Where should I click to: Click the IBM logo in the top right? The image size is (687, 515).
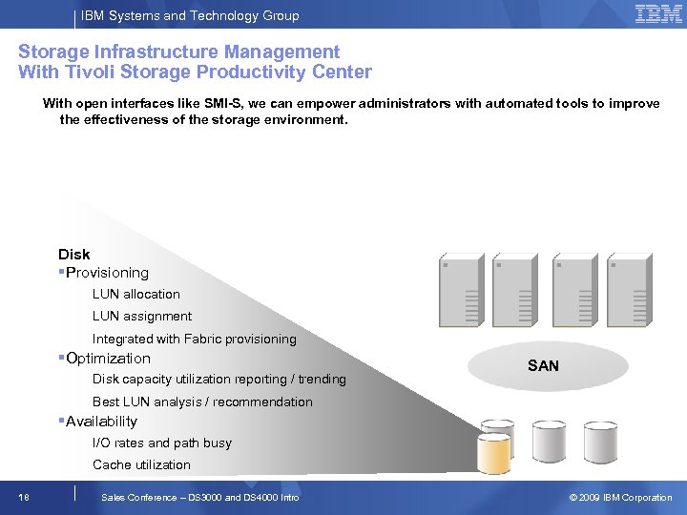click(x=658, y=14)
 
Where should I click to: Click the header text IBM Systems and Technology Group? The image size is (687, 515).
click(x=190, y=15)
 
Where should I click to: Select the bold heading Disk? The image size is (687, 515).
click(x=73, y=254)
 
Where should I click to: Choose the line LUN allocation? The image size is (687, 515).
click(x=135, y=294)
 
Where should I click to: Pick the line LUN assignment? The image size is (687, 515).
click(x=141, y=316)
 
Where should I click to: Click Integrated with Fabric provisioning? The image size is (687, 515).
click(x=194, y=339)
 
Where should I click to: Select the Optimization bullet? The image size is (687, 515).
click(x=108, y=359)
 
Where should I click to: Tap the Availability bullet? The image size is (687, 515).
click(x=101, y=422)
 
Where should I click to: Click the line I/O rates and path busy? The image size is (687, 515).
click(x=161, y=443)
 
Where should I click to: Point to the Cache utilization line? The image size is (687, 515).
click(x=141, y=464)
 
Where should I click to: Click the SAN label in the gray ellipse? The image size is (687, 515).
click(x=543, y=365)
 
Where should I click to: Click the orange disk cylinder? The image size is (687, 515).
click(x=494, y=453)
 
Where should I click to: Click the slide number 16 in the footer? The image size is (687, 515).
click(x=23, y=497)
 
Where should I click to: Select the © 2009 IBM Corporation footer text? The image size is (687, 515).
click(x=620, y=497)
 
